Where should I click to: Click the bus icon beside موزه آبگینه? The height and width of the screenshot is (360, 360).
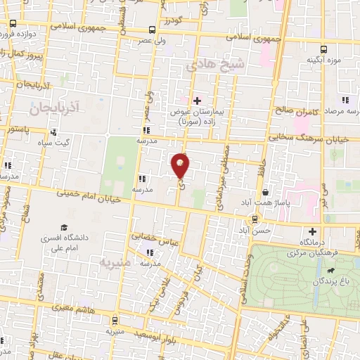point(323,49)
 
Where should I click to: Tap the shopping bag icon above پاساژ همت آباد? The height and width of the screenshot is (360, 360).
point(265,193)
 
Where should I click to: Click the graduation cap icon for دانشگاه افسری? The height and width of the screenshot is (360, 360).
point(65,228)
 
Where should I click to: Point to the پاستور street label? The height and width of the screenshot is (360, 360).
point(16,129)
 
